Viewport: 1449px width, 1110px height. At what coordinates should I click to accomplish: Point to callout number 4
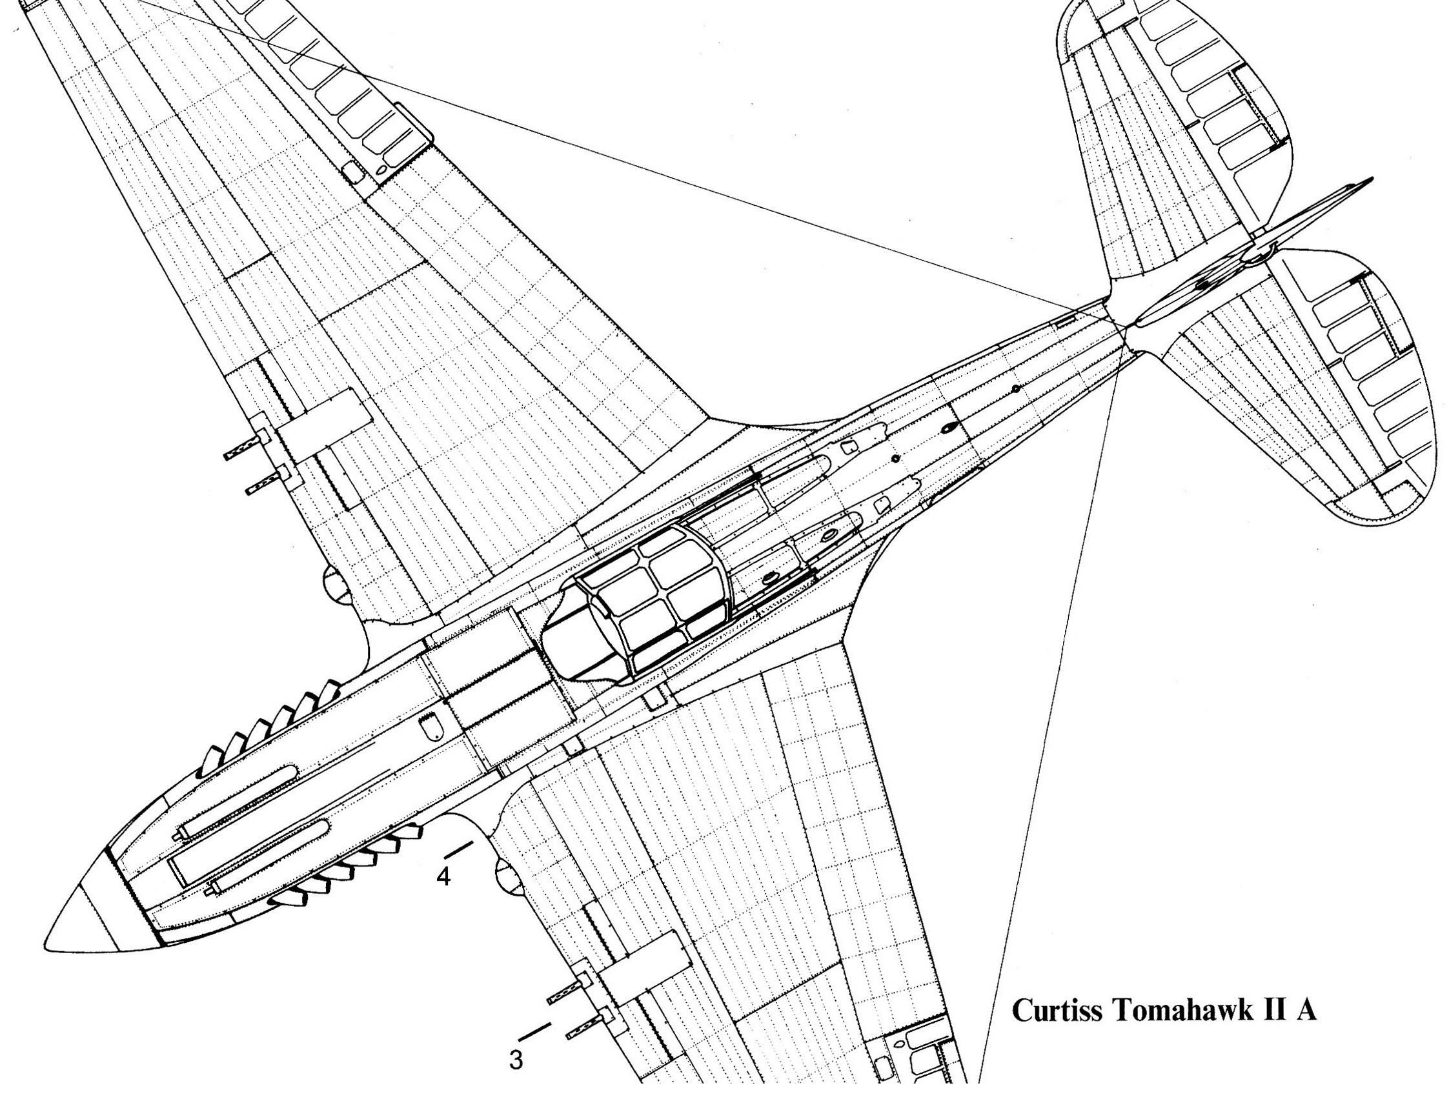[x=443, y=878]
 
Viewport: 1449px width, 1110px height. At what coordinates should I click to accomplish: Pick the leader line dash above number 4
[x=458, y=851]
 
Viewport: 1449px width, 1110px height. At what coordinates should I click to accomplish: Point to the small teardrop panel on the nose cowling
[x=434, y=726]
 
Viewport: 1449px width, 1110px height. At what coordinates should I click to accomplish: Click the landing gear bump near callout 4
[x=505, y=876]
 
